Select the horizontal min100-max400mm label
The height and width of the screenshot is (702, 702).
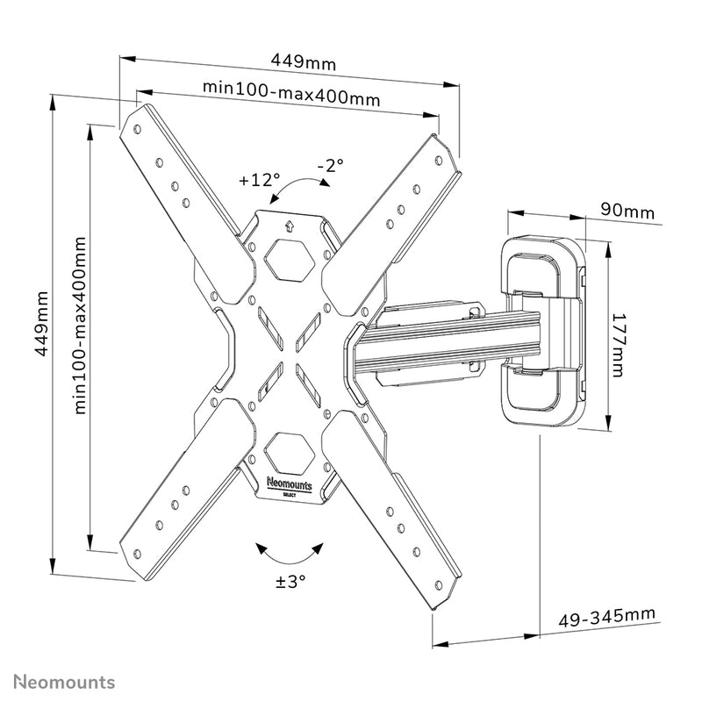click(291, 93)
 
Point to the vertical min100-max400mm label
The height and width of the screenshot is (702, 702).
click(81, 325)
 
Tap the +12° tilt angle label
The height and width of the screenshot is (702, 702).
click(258, 180)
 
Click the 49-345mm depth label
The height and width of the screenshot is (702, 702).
click(606, 617)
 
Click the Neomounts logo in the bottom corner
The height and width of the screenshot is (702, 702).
click(65, 681)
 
